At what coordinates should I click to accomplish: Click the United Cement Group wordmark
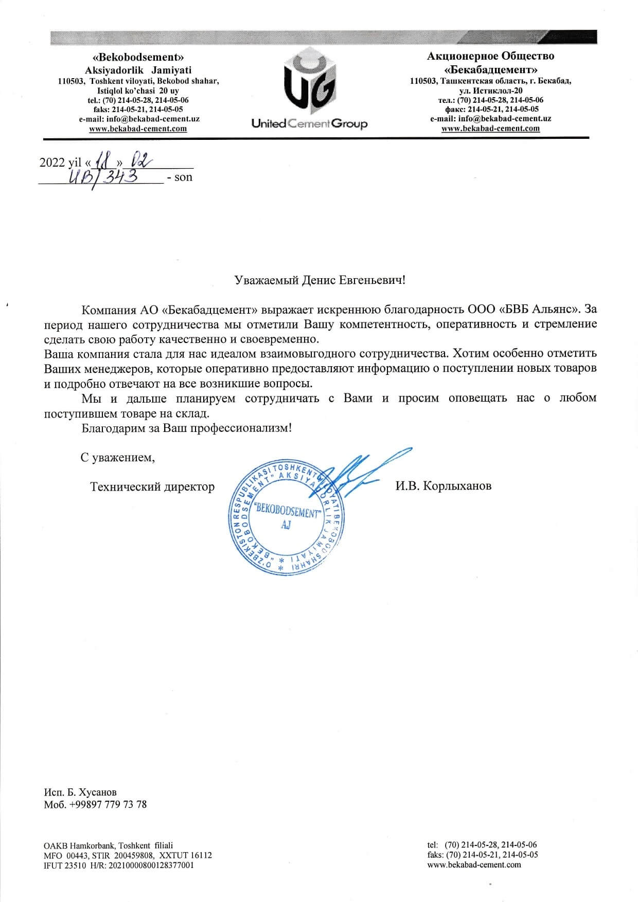[x=309, y=124]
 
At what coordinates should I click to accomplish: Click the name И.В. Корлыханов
[x=443, y=486]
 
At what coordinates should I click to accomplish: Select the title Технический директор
[x=152, y=486]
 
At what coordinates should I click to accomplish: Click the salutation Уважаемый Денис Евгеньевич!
[x=320, y=280]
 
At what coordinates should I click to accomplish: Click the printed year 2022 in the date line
[x=52, y=163]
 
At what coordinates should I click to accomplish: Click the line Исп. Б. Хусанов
[x=80, y=792]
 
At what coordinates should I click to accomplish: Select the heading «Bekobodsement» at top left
[x=138, y=58]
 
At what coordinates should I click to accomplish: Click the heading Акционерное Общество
[x=490, y=56]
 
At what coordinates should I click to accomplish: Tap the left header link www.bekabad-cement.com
[x=138, y=129]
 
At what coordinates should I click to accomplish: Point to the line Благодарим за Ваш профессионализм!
[x=186, y=428]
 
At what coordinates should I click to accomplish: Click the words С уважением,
[x=118, y=457]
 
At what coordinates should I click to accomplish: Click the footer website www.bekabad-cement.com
[x=474, y=864]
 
